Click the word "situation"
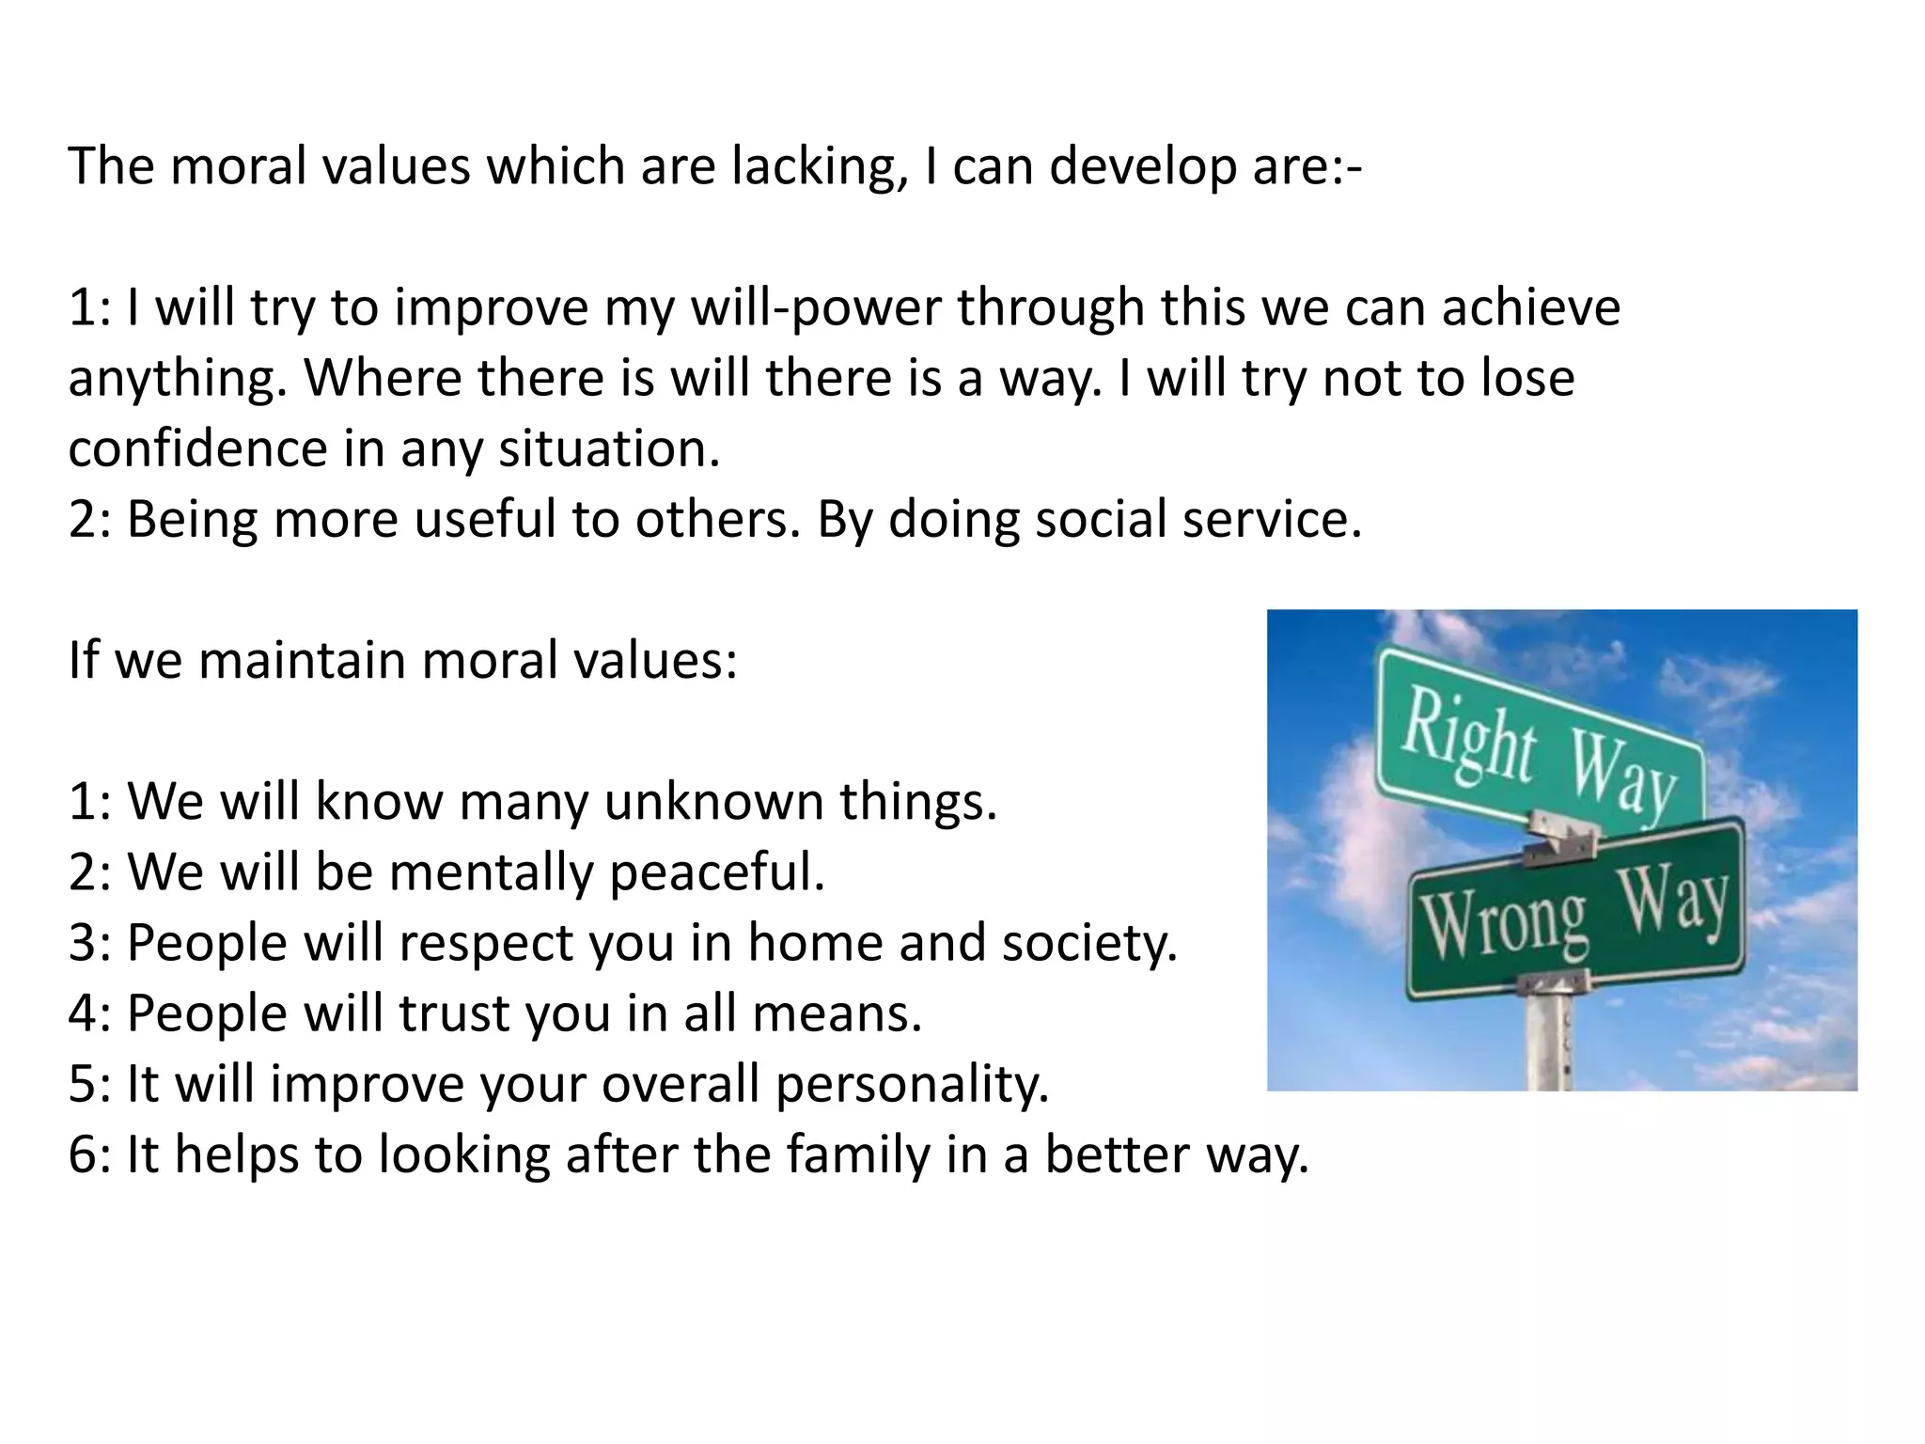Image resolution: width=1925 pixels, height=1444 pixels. (608, 448)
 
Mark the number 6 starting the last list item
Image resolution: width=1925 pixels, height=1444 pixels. (83, 1155)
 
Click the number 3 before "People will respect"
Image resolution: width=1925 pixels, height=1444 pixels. (83, 943)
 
